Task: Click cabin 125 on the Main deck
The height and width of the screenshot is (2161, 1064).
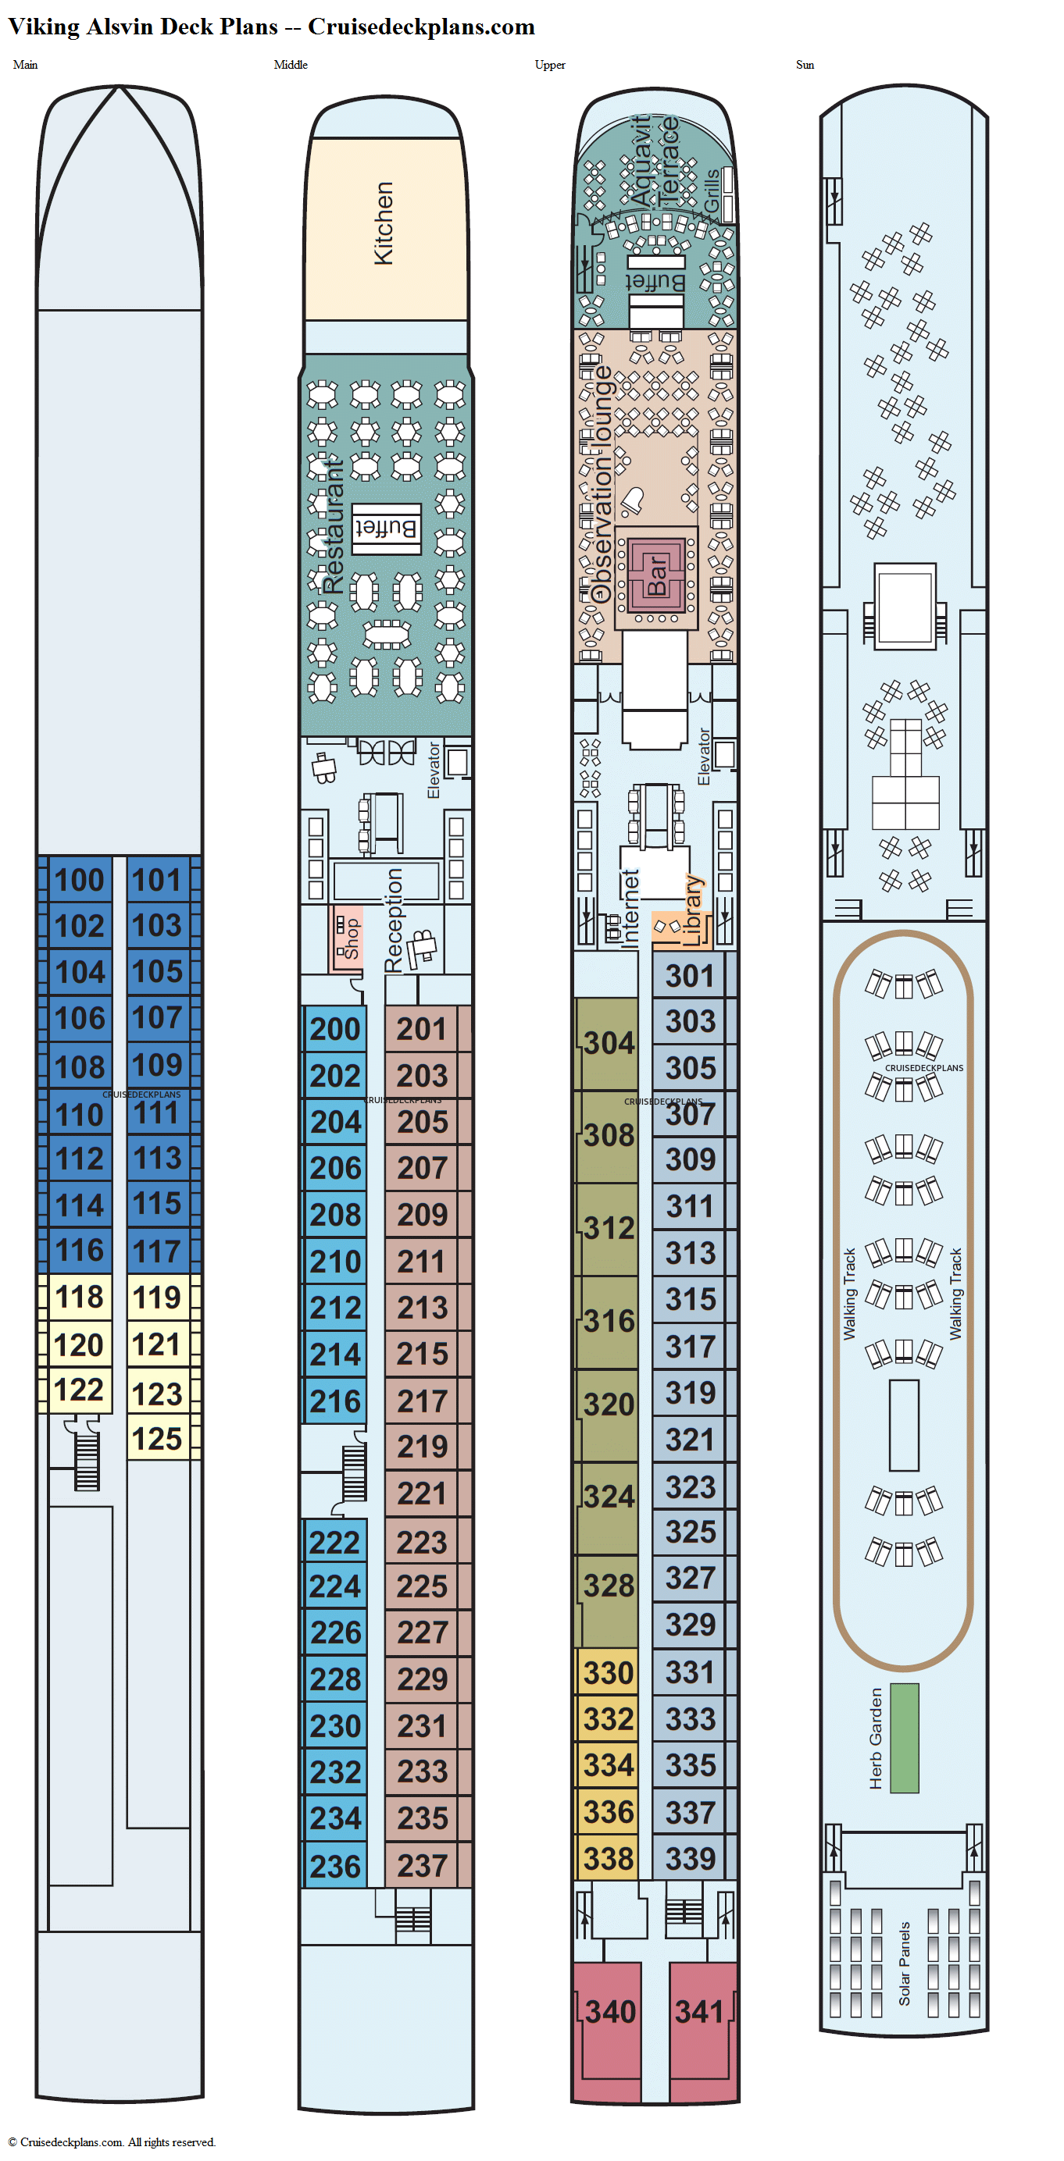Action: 157,1438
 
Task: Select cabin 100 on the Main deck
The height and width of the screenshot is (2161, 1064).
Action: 80,879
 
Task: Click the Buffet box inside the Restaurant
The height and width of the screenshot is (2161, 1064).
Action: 385,529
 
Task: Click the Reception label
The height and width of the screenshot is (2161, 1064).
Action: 394,920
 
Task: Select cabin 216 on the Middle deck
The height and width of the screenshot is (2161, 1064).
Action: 335,1401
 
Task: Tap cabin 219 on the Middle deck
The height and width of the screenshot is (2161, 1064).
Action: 422,1446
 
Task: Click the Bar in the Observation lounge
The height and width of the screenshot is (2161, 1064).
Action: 656,576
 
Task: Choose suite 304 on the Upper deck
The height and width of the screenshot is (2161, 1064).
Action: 609,1043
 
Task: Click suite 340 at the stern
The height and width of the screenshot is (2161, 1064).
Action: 610,2012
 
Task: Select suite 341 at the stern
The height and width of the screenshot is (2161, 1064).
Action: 700,2012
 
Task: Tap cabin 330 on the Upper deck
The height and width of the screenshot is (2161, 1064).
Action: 609,1673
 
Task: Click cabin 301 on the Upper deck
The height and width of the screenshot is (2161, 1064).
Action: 690,975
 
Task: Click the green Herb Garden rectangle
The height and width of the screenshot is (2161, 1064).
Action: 904,1737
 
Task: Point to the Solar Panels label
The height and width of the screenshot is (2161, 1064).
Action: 904,1963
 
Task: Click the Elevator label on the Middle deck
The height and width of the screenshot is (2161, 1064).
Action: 433,770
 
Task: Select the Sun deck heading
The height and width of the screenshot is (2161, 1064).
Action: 804,65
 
